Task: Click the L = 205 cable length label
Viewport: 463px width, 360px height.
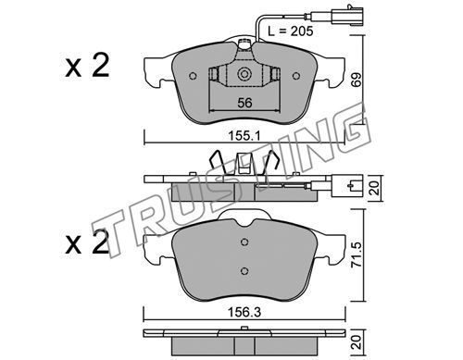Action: coord(290,31)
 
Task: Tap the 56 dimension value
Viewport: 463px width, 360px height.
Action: coord(244,103)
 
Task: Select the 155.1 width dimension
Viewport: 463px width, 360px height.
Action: coord(244,136)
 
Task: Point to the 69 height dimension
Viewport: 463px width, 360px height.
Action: coord(356,80)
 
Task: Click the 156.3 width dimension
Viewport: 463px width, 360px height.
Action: coord(244,313)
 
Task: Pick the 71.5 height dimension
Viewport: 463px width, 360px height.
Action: coord(357,254)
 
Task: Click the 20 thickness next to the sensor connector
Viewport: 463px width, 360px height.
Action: coord(374,188)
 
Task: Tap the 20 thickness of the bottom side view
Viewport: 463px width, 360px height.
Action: coord(357,342)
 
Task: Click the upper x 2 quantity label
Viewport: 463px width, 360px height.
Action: coord(87,66)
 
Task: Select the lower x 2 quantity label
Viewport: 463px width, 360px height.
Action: coord(87,243)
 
